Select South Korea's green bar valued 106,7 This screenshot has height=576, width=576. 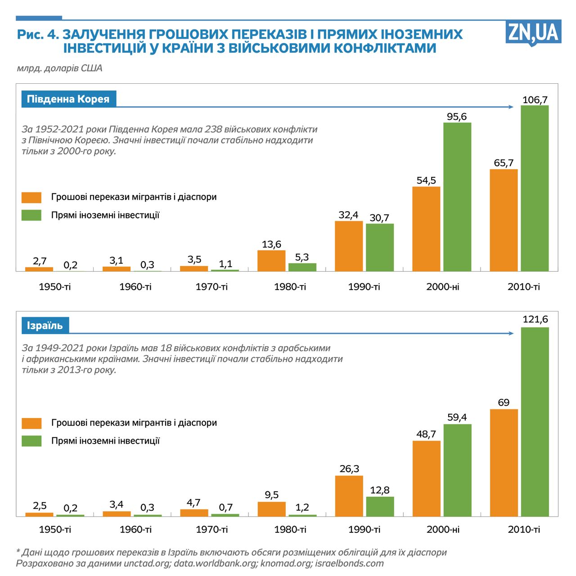pos(535,188)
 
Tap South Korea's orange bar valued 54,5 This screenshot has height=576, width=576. pos(426,229)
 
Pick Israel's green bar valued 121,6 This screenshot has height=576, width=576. pos(535,422)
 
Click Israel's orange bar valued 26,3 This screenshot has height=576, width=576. pos(349,496)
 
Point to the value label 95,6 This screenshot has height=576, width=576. pos(457,117)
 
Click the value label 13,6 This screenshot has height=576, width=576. pos(271,245)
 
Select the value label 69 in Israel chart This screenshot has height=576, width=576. pos(504,403)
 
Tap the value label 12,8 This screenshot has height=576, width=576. pos(380,490)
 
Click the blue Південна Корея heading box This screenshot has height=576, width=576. pos(68,99)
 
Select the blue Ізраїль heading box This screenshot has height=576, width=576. pos(45,326)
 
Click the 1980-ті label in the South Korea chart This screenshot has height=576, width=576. pos(290,287)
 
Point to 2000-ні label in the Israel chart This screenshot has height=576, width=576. pos(443,530)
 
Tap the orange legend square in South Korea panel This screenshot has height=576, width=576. pos(31,197)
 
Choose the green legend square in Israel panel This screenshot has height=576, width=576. pos(31,441)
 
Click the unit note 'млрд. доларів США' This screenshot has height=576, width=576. pos(59,68)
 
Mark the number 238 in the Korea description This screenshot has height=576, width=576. pos(213,129)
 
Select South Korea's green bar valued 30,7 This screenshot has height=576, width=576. pos(380,247)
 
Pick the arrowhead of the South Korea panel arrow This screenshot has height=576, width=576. pos(511,107)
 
